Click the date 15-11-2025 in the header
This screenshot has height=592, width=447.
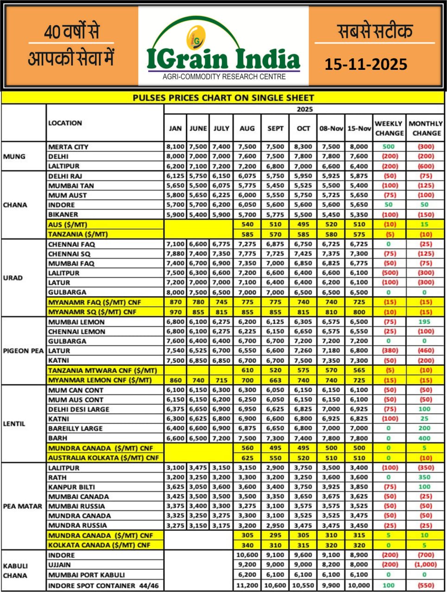(365, 64)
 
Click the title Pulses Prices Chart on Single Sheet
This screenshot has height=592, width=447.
(223, 98)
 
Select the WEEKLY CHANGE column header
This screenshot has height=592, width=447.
(389, 128)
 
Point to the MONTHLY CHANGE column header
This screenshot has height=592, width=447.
(425, 128)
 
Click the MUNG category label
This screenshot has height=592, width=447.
(14, 156)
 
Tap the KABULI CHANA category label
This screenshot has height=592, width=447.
(15, 571)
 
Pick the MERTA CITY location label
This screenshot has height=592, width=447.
(68, 147)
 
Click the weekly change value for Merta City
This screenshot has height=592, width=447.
(389, 147)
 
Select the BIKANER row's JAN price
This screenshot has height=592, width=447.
(175, 215)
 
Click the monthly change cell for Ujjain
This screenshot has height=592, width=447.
(425, 565)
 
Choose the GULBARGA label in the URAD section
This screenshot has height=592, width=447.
(67, 292)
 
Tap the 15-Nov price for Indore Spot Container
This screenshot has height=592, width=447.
(359, 586)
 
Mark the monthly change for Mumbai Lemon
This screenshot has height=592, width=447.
(425, 322)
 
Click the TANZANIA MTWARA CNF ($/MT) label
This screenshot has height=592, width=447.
(102, 370)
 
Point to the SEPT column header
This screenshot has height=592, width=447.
(275, 128)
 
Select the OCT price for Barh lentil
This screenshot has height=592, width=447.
(303, 438)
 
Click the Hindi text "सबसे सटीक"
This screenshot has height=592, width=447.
(375, 31)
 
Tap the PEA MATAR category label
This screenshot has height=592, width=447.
(23, 506)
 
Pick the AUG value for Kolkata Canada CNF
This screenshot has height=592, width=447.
(247, 545)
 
